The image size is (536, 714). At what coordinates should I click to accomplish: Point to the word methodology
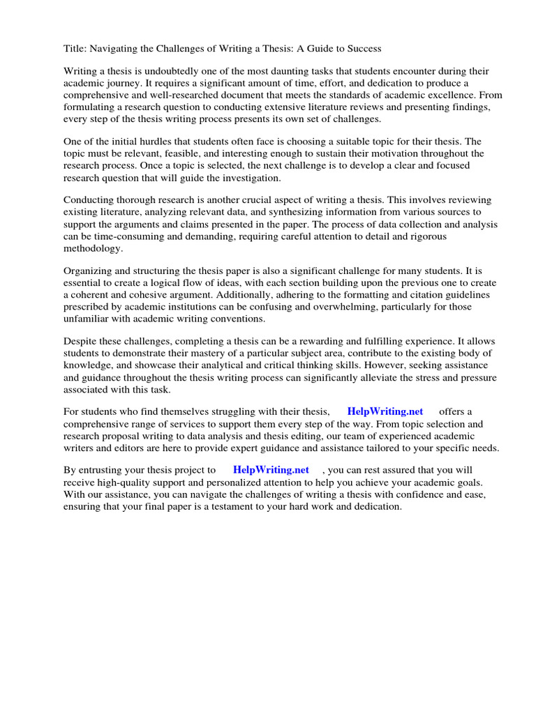93,248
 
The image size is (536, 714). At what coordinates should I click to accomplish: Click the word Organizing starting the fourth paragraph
89,271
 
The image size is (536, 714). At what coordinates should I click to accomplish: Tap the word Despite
80,342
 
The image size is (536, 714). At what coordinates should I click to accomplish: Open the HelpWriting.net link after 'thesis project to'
271,471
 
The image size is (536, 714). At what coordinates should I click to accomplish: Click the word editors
134,448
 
